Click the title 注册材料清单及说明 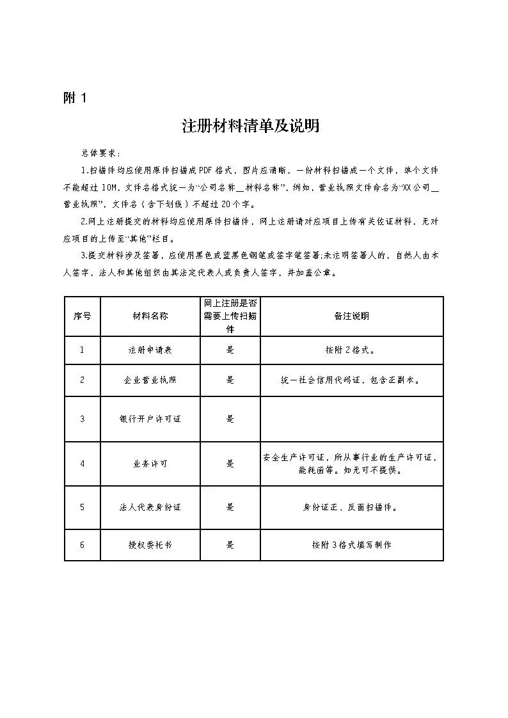(250, 126)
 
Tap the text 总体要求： (100, 153)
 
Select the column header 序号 (82, 316)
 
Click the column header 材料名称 (150, 316)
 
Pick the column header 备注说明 (351, 316)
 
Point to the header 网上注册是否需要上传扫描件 (230, 316)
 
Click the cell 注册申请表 (150, 350)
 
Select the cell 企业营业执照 (150, 380)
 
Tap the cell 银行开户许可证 (150, 419)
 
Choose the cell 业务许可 (150, 464)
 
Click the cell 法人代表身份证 (150, 507)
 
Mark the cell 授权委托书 (150, 545)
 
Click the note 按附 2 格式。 (351, 350)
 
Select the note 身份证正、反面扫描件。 (351, 507)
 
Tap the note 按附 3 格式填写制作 (351, 545)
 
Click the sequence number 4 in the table (82, 464)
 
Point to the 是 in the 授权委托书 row (230, 545)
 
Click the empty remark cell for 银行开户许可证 (351, 419)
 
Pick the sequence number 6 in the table (82, 545)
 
